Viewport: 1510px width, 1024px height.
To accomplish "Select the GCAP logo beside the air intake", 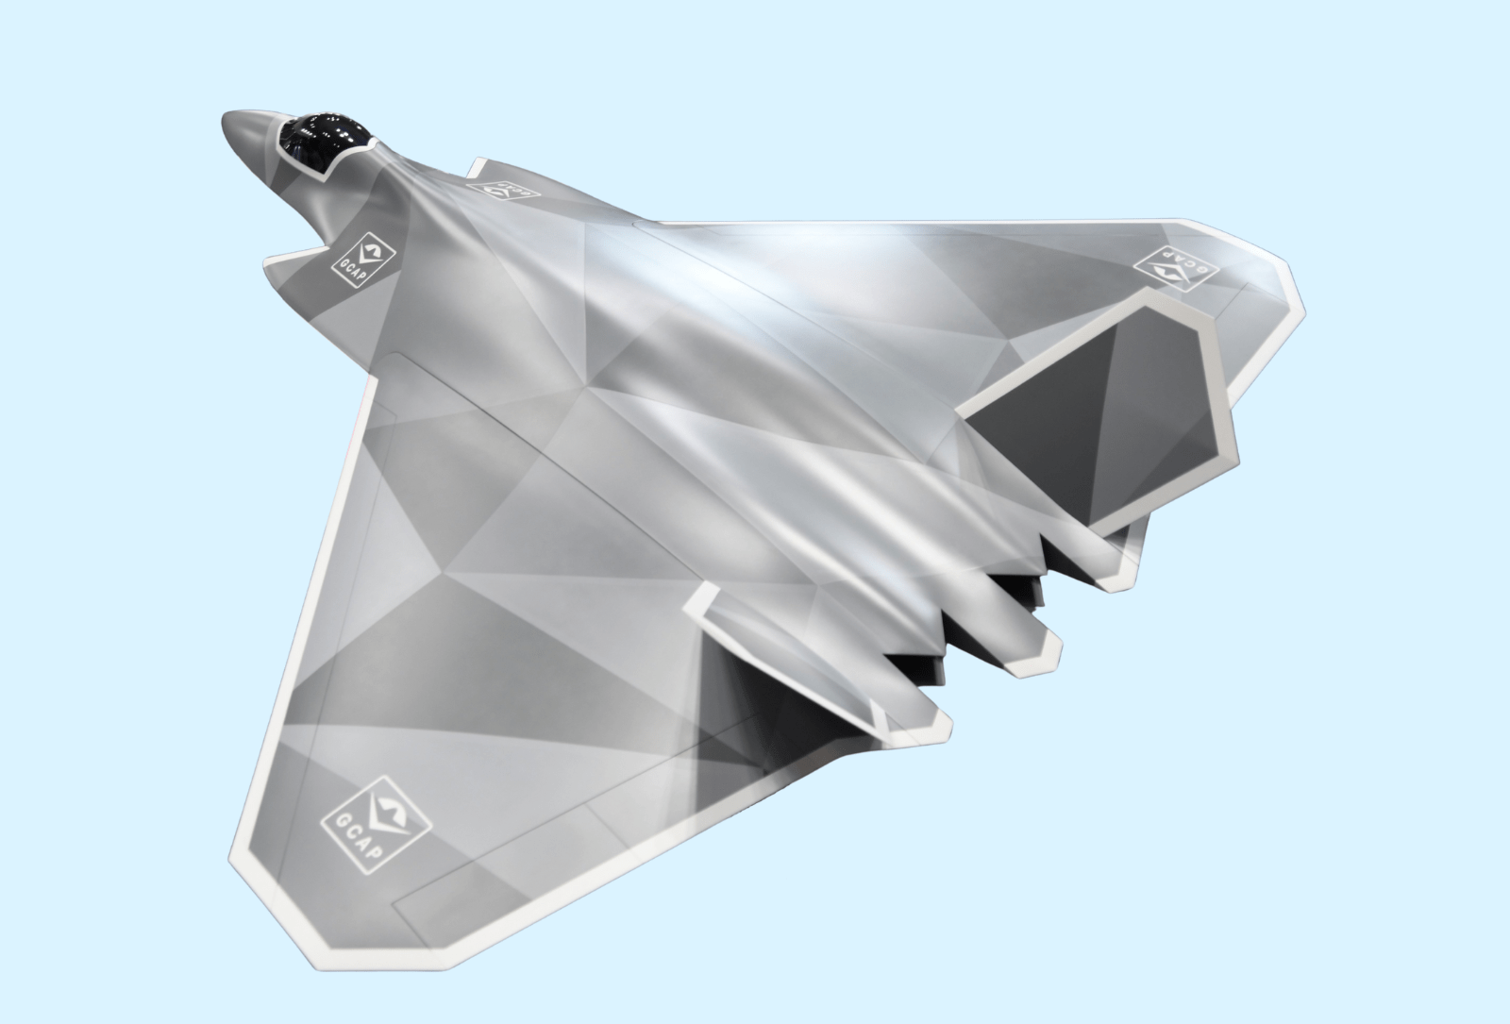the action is tap(362, 259).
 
